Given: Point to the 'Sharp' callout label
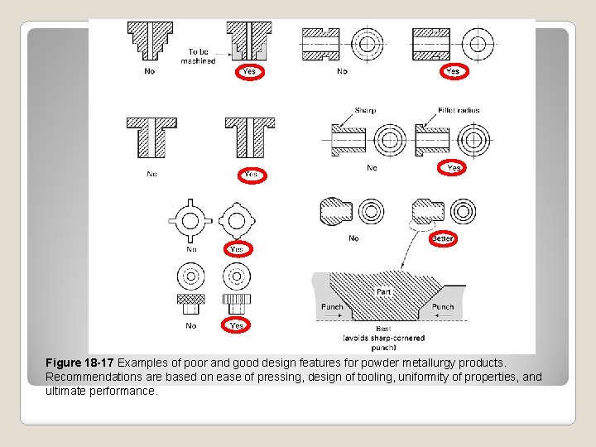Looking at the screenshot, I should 365,110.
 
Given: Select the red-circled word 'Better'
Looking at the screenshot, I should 443,238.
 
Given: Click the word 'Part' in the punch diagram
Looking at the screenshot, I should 383,291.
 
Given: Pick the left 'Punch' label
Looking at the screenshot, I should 332,306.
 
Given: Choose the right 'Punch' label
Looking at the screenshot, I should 443,306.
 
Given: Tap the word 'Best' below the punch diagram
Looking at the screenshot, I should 383,329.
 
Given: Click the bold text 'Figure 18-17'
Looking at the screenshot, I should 80,363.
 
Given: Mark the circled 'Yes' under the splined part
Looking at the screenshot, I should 237,325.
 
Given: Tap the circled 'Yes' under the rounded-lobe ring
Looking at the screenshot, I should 237,248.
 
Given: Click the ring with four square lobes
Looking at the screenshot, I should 191,220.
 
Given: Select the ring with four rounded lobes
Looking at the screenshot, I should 237,220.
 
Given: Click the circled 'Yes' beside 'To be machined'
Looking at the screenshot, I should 249,72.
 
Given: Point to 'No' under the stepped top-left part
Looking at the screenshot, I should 150,71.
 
